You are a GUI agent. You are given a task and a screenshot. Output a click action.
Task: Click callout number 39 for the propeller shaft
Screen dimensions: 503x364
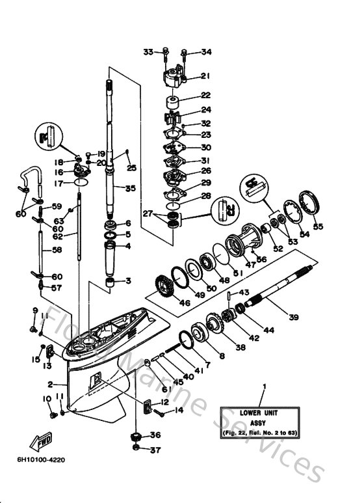[x=294, y=318]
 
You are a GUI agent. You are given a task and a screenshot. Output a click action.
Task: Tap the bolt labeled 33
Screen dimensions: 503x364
[x=164, y=51]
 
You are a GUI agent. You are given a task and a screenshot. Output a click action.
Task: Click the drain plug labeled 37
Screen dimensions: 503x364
[x=136, y=448]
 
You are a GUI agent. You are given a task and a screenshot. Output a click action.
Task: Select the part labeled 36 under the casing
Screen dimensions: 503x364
[x=136, y=435]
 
